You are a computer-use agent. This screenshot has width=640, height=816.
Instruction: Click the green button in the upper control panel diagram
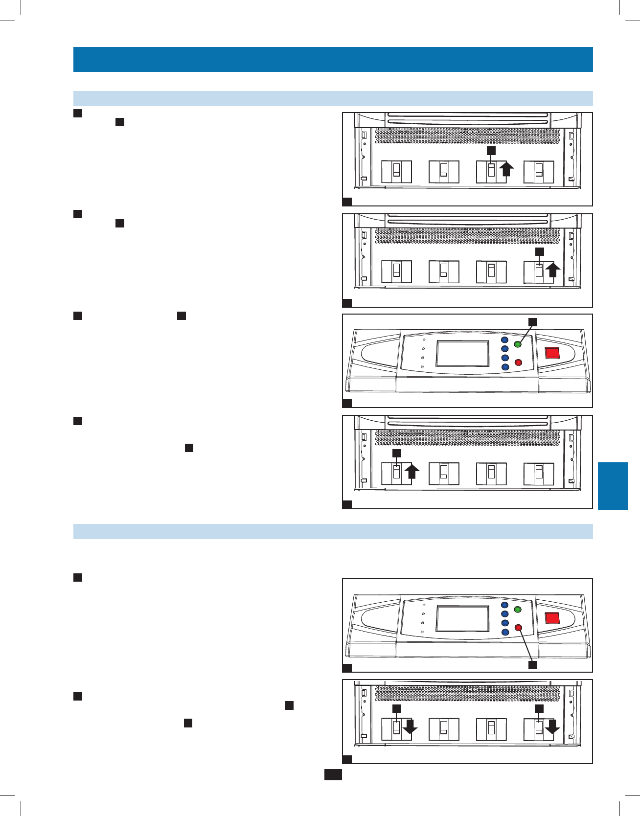click(518, 344)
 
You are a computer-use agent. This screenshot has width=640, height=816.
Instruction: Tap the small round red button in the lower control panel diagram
click(518, 628)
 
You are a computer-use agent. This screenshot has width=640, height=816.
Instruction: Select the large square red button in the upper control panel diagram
click(552, 353)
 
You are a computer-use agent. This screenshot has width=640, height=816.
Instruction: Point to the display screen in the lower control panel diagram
click(462, 618)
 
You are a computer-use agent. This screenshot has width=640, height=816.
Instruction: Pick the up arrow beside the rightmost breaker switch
click(553, 270)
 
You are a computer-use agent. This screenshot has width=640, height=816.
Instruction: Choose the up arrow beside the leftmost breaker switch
click(412, 472)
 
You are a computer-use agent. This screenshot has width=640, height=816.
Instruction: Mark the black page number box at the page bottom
click(333, 774)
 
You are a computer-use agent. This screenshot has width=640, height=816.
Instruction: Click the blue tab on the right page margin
click(613, 486)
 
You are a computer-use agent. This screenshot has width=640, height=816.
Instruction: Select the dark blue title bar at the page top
click(333, 59)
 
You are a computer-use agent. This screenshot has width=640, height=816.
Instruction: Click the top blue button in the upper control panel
click(505, 340)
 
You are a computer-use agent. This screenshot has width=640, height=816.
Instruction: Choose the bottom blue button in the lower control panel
click(505, 632)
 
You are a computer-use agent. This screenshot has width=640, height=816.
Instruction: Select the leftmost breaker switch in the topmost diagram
click(396, 171)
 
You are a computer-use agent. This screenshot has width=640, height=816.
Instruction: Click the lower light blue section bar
click(333, 532)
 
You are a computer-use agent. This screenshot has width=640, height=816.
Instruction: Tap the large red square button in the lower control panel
click(552, 617)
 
